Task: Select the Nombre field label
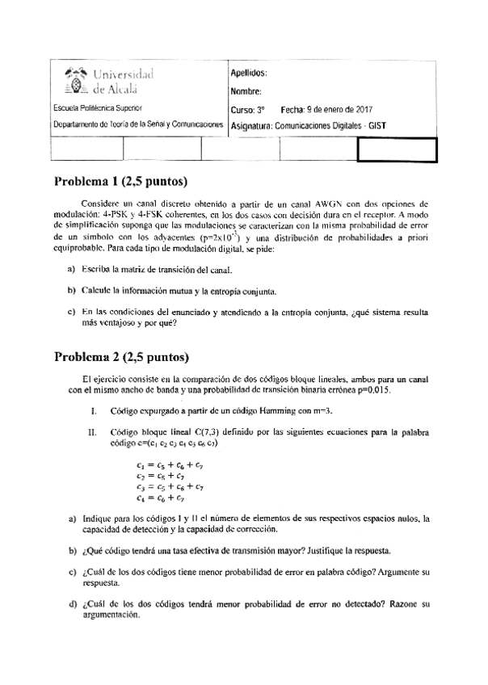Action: (246, 91)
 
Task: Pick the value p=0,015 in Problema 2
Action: (372, 389)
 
